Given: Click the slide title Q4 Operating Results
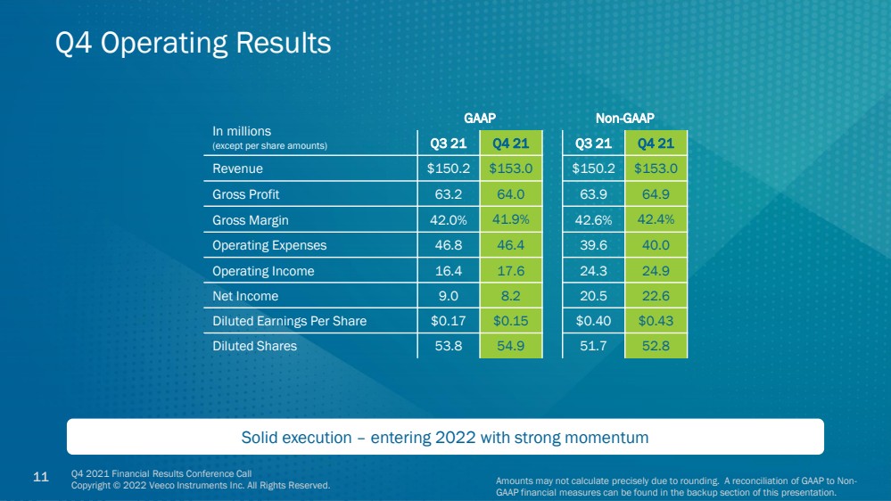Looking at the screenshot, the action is point(193,43).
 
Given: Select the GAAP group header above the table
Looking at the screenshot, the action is point(480,119).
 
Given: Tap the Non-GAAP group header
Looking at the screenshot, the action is point(624,119).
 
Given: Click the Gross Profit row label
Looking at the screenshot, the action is point(245,194).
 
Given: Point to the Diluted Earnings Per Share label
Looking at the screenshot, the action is point(289,321).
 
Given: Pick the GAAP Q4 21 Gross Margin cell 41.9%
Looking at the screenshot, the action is point(510,219).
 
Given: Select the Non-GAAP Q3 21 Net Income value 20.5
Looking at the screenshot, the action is point(593,296).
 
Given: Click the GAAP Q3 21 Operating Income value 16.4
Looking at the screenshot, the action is point(449,271).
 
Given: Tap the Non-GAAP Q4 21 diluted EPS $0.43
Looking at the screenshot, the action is point(656,321).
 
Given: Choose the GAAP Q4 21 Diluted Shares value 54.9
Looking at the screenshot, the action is point(510,346).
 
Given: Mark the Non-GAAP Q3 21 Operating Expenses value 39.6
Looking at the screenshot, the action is point(593,245).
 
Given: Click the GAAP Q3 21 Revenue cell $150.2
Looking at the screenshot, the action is point(449,168).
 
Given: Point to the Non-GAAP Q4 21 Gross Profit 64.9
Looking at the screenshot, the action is point(656,194).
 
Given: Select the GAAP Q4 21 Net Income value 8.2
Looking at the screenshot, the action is point(510,296).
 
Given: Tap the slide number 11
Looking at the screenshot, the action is point(41,477).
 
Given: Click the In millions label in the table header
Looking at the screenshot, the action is point(242,131).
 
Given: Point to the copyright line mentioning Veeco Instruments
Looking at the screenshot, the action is point(201,486).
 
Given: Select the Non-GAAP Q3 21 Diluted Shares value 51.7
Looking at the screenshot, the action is point(593,346).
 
